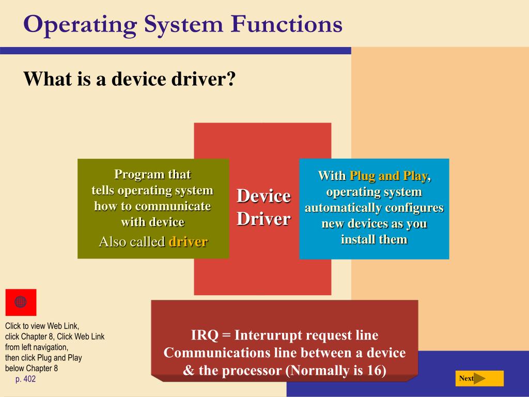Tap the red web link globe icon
[21, 302]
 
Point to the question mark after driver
[231, 79]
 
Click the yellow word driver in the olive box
[188, 241]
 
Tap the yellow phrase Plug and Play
[388, 176]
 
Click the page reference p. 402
[26, 379]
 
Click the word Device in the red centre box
[263, 196]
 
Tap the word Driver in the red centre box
[263, 219]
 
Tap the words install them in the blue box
[374, 239]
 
